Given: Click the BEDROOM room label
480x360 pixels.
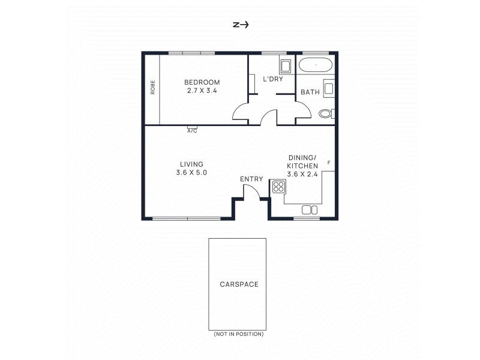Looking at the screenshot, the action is click(x=202, y=82).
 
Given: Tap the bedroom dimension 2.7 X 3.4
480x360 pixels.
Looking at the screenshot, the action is click(x=202, y=91).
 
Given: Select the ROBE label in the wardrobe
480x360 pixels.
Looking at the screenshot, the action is click(x=153, y=87).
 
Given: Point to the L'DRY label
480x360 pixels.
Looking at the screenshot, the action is click(x=273, y=79).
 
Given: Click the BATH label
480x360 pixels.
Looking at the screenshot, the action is click(x=310, y=92).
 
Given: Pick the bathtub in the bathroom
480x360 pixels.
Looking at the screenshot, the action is click(x=316, y=65).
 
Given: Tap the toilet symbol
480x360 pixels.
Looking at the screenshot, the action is click(x=326, y=114).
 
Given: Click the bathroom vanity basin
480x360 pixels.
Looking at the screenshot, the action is click(x=328, y=88).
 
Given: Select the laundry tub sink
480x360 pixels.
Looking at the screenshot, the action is click(x=286, y=67).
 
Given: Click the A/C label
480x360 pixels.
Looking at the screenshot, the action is click(x=192, y=131).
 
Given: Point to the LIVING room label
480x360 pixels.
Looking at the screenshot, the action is click(x=191, y=164).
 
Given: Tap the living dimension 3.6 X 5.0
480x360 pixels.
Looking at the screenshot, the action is click(x=191, y=173).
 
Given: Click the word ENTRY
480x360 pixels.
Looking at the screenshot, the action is click(x=251, y=179).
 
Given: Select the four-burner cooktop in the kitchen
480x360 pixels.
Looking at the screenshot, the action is click(x=278, y=187).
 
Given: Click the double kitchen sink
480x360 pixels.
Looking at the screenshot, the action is click(x=310, y=210).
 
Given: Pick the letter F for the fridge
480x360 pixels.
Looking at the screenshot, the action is click(x=329, y=163).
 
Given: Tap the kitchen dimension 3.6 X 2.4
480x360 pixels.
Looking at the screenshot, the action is click(x=302, y=174).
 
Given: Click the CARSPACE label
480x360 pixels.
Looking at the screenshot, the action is click(x=239, y=284).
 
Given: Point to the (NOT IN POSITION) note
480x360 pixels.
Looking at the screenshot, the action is click(x=239, y=334).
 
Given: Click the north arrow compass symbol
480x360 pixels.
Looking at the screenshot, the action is click(x=241, y=25).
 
